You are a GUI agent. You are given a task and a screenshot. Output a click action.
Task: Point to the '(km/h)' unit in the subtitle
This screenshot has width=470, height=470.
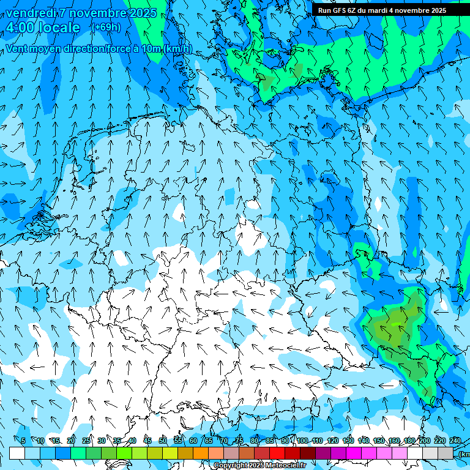click(x=178, y=49)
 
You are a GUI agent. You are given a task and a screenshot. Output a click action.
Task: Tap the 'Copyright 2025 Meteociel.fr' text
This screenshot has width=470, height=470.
click(x=260, y=466)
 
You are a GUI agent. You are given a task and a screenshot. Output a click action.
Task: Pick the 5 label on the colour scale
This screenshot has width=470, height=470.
click(x=23, y=441)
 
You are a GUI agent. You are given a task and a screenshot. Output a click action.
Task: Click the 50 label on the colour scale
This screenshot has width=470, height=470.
click(x=163, y=441)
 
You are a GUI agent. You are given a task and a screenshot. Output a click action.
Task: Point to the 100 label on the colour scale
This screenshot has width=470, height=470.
click(x=302, y=441)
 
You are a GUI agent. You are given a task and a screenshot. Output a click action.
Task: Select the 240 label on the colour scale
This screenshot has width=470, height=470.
click(x=455, y=441)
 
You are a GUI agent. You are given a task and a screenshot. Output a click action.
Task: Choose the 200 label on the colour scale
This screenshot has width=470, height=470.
click(x=424, y=441)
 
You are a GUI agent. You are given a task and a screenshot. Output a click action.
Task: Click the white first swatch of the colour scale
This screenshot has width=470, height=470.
click(x=17, y=453)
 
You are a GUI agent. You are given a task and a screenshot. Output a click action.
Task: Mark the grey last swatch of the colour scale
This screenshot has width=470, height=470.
click(x=446, y=453)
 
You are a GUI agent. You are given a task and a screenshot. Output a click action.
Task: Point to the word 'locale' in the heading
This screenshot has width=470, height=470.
click(x=60, y=28)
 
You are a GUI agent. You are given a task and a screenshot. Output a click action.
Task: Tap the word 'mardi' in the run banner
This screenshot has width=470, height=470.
click(x=378, y=10)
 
